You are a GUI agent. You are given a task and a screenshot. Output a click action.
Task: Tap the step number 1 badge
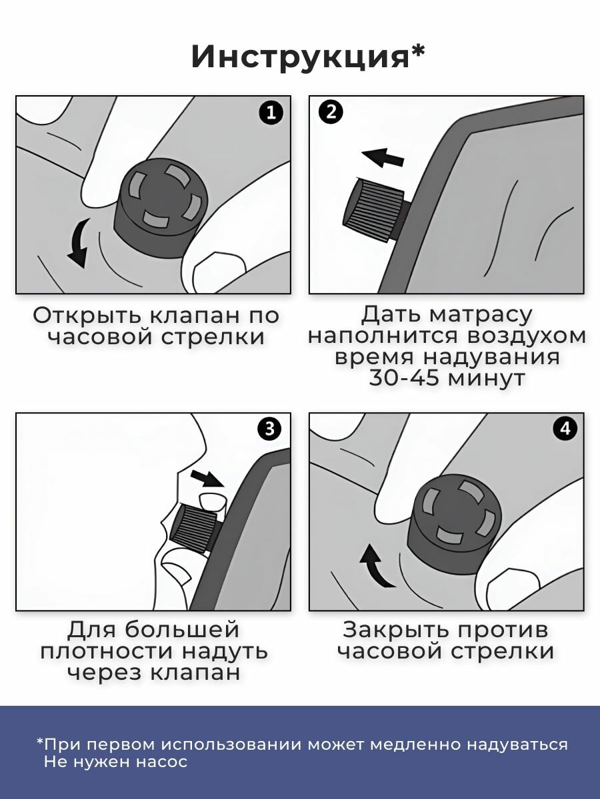[x=271, y=113]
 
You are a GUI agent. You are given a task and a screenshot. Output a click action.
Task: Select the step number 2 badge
[x=331, y=113]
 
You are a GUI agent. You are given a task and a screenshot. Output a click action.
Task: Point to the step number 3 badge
[x=269, y=428]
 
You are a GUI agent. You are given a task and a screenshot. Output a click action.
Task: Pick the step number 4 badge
[x=565, y=428]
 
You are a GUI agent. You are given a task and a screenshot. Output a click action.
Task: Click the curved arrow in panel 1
[x=80, y=243]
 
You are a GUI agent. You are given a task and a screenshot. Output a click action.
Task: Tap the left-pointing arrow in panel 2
[x=383, y=157]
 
